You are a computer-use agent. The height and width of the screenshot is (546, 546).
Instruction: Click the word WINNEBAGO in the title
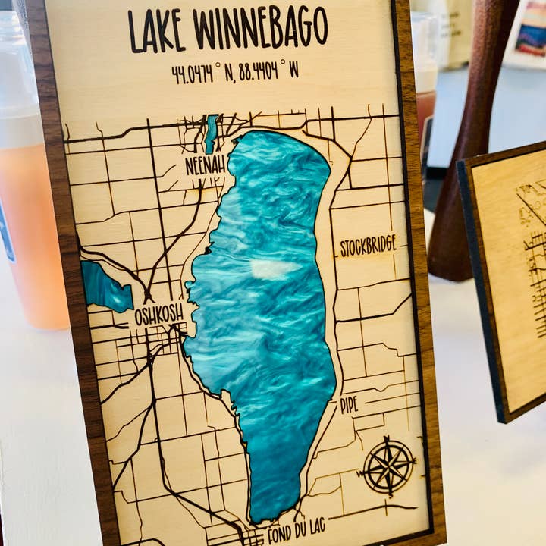[260, 27]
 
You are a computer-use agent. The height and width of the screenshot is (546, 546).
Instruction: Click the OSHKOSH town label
[158, 315]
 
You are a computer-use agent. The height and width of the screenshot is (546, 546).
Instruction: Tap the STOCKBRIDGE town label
[368, 246]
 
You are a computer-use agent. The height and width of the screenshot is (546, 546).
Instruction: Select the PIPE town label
[348, 405]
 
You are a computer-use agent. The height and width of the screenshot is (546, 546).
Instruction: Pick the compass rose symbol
[388, 466]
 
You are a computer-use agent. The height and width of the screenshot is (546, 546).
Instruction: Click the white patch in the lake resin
[275, 268]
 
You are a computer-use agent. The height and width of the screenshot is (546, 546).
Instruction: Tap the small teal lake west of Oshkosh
[105, 287]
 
